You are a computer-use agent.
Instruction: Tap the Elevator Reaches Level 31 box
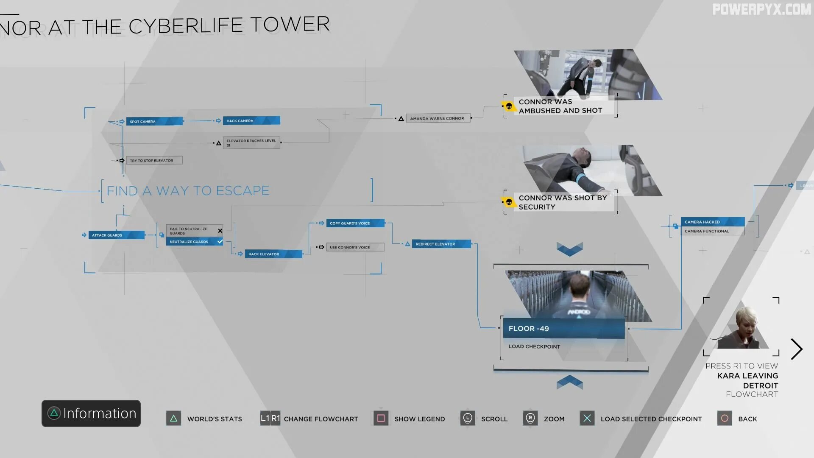pos(251,142)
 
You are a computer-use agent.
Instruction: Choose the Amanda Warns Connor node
pos(438,118)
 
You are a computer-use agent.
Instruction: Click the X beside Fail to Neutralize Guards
pos(220,231)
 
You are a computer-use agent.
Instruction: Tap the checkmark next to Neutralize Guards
pos(220,241)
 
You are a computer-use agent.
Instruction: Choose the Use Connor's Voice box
pos(355,247)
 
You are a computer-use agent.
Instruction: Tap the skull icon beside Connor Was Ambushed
pos(509,106)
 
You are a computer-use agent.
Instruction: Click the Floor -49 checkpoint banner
pos(563,329)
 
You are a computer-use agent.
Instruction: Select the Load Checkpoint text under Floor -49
pos(534,346)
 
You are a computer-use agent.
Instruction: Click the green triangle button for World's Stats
pos(173,419)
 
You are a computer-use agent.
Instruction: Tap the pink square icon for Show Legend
pos(381,419)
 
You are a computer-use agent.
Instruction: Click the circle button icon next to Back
pos(725,419)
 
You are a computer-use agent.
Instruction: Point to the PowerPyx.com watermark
pos(761,9)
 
